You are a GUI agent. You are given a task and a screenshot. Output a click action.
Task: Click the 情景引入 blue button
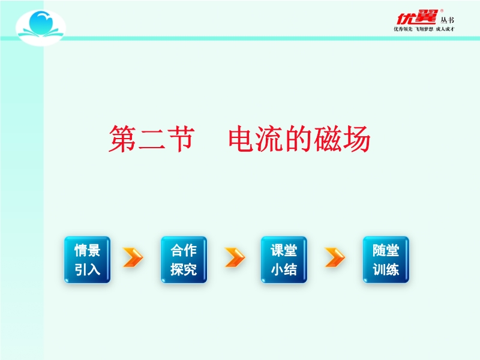[87, 260]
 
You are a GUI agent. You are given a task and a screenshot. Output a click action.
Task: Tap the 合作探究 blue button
[184, 260]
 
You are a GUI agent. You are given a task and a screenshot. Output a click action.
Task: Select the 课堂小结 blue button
[284, 260]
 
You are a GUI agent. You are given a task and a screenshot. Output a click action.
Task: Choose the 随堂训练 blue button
[386, 260]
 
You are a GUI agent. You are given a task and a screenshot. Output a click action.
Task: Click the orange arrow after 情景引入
[133, 257]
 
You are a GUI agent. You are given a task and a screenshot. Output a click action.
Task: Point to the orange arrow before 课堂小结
[235, 257]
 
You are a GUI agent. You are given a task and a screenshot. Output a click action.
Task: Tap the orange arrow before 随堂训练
[335, 257]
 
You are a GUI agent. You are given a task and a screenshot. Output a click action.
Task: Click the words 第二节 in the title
[152, 139]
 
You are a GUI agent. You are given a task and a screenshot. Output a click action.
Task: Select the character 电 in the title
[242, 139]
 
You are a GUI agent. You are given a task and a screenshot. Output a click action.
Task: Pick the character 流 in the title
[271, 139]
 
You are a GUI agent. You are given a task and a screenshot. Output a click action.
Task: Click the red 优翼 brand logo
[416, 17]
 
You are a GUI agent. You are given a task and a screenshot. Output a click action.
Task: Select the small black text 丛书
[447, 20]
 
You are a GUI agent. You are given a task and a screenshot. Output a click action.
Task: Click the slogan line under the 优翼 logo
[424, 29]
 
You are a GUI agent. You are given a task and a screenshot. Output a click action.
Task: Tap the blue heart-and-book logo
[41, 27]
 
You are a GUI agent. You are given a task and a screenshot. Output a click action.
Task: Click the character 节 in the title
[182, 139]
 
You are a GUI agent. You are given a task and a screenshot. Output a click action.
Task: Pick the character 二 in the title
[152, 139]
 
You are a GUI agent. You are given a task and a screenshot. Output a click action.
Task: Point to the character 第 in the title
[122, 139]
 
